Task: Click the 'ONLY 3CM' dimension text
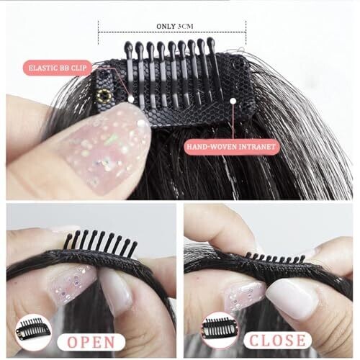(x=175, y=26)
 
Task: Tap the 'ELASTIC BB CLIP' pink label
(x=58, y=68)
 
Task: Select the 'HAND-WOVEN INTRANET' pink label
(x=232, y=146)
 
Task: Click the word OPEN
(x=91, y=342)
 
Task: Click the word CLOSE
(x=277, y=340)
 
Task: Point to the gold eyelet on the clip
(x=104, y=96)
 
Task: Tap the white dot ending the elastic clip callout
(x=131, y=99)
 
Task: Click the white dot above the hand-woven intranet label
(x=233, y=101)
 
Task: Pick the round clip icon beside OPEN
(x=33, y=332)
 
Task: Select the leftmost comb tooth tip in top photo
(x=128, y=45)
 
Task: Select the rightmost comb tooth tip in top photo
(x=210, y=41)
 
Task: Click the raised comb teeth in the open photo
(x=101, y=243)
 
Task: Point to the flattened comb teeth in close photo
(x=277, y=258)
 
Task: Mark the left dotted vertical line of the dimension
(x=98, y=32)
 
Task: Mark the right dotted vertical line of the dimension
(x=246, y=32)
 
